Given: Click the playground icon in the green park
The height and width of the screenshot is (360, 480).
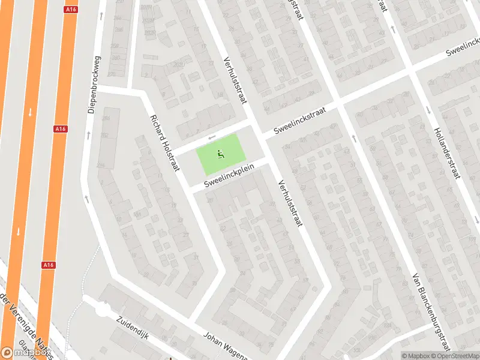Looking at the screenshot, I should [x=221, y=155].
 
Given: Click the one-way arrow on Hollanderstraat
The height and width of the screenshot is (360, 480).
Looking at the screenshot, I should [x=428, y=110].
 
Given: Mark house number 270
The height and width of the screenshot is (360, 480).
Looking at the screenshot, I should [x=112, y=74].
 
